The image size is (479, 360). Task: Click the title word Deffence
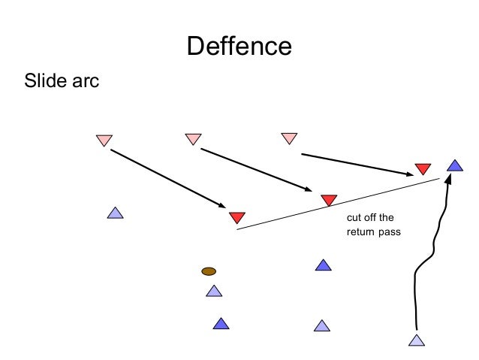coord(239,46)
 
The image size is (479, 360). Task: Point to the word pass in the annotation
coord(392,232)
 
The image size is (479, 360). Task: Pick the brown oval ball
coord(209,271)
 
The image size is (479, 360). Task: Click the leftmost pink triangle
coord(104,140)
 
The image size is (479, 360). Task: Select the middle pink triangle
coord(193,138)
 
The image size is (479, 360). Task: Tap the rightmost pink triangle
coord(289,138)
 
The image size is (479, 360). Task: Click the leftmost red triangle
coord(236,217)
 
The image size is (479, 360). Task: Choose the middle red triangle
coord(328,200)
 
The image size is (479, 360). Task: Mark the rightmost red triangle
coord(423,169)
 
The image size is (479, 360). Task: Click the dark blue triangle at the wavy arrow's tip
coord(453,165)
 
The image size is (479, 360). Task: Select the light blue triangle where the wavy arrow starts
coord(417,340)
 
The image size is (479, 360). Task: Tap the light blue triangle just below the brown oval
coord(214,291)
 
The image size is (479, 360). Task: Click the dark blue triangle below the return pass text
coord(323,265)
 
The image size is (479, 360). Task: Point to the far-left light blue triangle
coord(115,213)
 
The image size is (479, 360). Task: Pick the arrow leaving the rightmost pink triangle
coord(357,165)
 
